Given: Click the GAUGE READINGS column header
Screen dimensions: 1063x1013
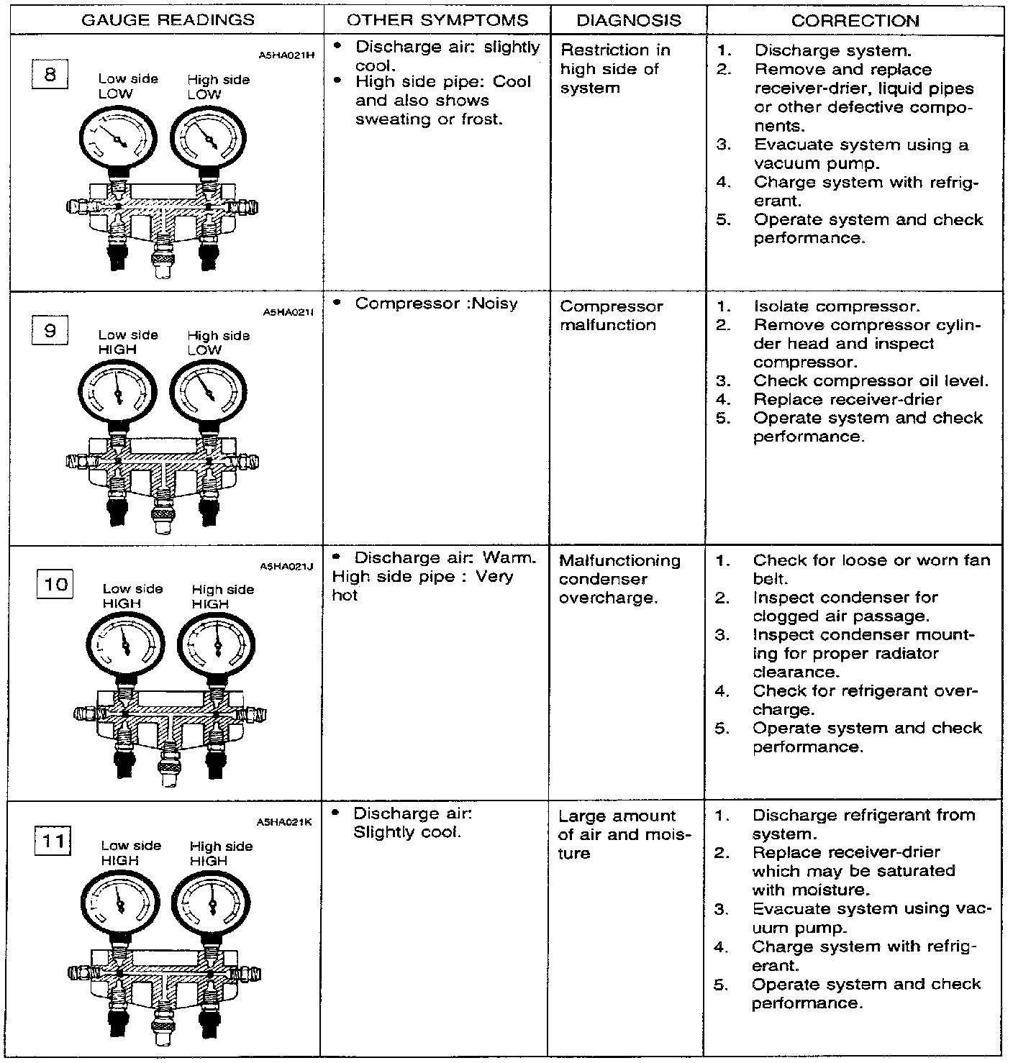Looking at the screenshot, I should pyautogui.click(x=168, y=20).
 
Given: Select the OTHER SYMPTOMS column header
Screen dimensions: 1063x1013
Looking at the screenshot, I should pyautogui.click(x=437, y=20).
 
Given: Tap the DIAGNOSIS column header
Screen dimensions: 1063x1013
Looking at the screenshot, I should pyautogui.click(x=629, y=20).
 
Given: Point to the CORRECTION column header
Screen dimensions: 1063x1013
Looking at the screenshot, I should pyautogui.click(x=855, y=21).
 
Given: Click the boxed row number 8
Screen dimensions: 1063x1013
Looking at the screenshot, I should pyautogui.click(x=50, y=74).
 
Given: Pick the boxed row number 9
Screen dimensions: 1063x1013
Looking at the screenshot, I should pyautogui.click(x=50, y=331).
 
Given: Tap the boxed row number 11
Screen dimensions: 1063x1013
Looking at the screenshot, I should pyautogui.click(x=54, y=841).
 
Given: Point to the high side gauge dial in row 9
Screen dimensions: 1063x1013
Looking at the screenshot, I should pyautogui.click(x=208, y=393).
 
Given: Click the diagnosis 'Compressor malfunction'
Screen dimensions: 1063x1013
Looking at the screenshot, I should pyautogui.click(x=612, y=316).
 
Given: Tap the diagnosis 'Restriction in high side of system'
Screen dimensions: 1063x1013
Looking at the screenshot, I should pyautogui.click(x=614, y=69).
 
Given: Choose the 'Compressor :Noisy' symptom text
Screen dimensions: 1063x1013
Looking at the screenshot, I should pyautogui.click(x=436, y=304).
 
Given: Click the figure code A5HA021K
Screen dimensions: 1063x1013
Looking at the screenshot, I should pyautogui.click(x=283, y=822).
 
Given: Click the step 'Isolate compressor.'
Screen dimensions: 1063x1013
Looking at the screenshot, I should pyautogui.click(x=837, y=306).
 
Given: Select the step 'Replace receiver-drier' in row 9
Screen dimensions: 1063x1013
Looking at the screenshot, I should pyautogui.click(x=848, y=399).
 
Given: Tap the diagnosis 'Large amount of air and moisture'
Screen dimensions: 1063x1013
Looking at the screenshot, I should pyautogui.click(x=624, y=834).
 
